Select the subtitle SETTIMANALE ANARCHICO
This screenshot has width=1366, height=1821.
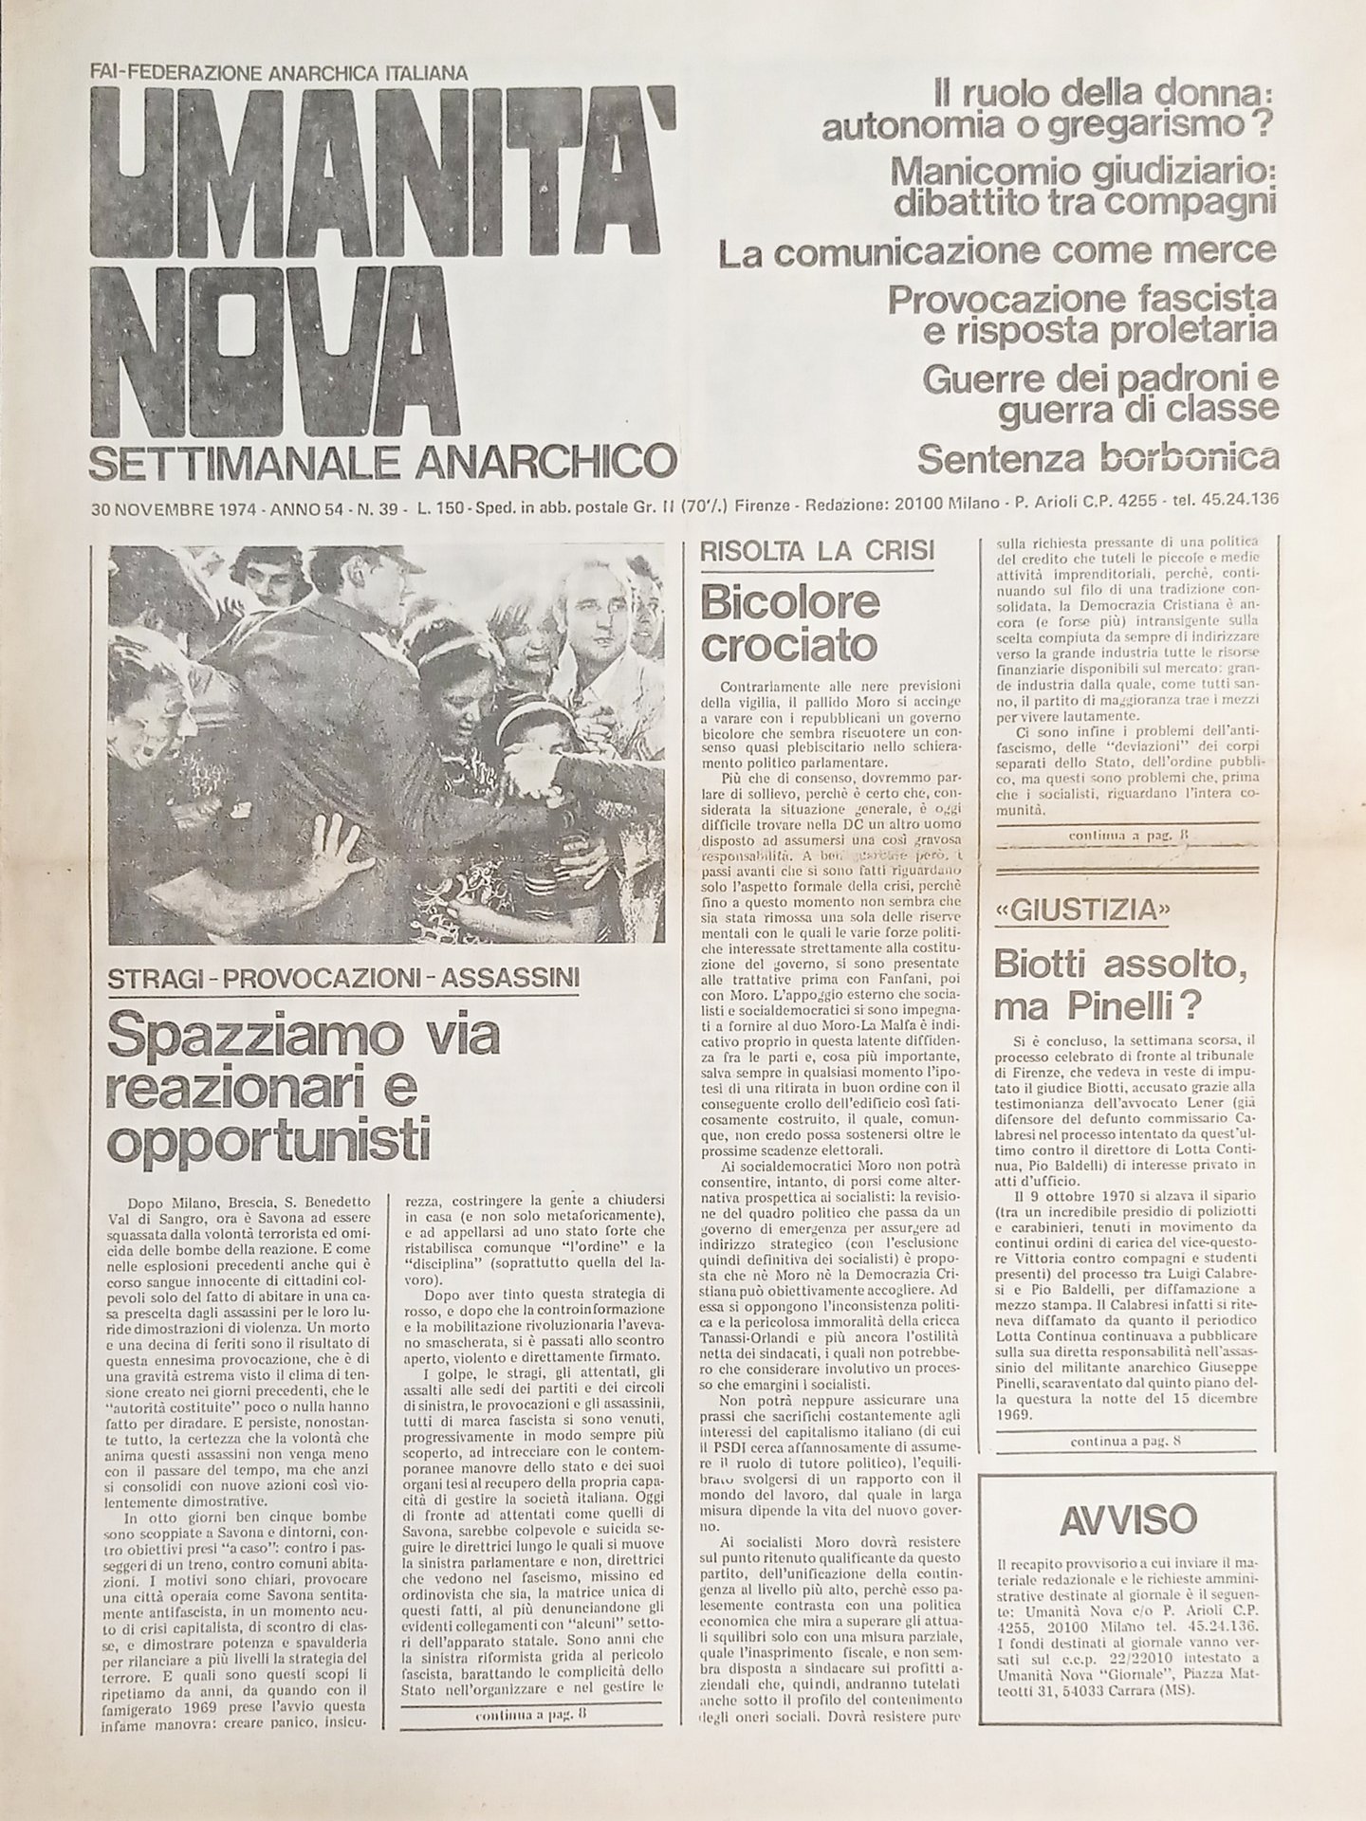point(382,463)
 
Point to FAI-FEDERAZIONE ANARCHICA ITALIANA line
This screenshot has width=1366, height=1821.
point(279,71)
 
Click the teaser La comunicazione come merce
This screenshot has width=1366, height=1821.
point(996,252)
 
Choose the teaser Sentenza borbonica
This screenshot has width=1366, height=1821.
point(1097,459)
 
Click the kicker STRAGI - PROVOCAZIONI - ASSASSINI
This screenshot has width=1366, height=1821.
point(343,977)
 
